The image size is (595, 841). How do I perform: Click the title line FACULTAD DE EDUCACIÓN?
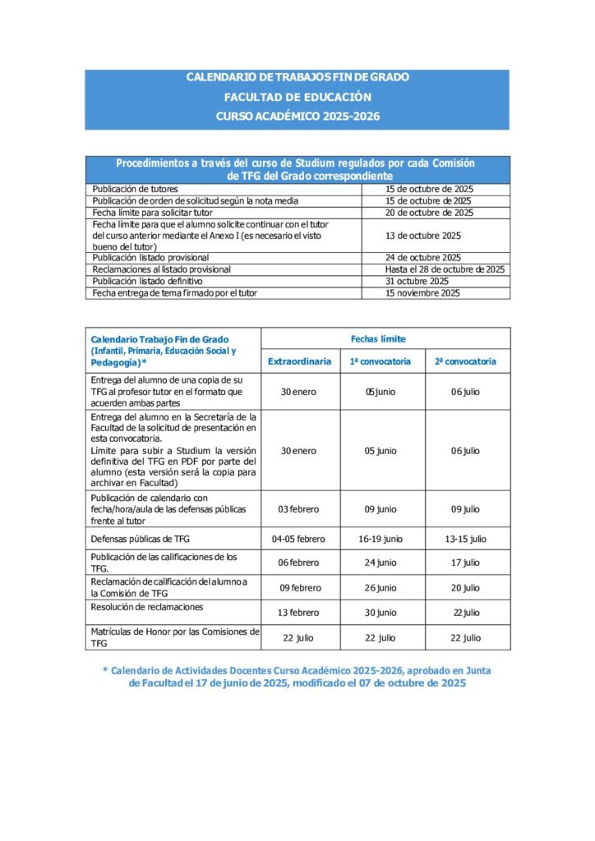(x=297, y=97)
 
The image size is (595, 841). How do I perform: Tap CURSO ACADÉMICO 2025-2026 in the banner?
(x=297, y=117)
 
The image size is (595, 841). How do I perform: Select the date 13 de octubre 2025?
(x=422, y=236)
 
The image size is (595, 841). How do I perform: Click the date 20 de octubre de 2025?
(x=429, y=213)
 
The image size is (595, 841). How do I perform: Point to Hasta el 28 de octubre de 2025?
(x=445, y=269)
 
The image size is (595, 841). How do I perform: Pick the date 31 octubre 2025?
(x=417, y=281)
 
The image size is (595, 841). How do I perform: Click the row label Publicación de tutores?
(x=135, y=189)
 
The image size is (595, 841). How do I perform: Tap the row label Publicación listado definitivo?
(x=147, y=281)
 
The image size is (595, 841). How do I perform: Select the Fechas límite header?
(x=378, y=338)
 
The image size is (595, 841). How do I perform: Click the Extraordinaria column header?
(x=299, y=361)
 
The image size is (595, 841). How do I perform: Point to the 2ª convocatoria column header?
(x=465, y=361)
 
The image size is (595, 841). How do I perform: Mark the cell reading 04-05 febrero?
(x=298, y=540)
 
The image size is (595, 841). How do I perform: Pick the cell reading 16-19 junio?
(x=381, y=540)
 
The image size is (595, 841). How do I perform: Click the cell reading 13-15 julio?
(x=465, y=540)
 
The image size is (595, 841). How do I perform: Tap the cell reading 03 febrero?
(x=298, y=509)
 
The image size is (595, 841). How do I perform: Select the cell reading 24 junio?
(x=381, y=563)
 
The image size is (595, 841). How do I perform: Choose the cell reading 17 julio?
(x=465, y=563)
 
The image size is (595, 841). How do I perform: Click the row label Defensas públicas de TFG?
(x=142, y=540)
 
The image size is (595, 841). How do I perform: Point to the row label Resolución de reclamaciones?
(x=147, y=607)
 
